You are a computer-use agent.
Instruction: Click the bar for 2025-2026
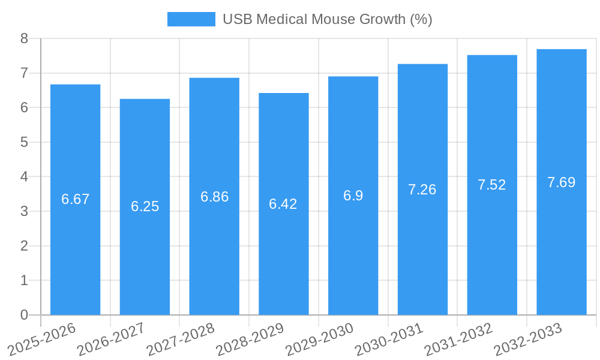75,252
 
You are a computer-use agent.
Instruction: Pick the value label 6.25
145,206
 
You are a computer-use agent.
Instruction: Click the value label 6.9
353,196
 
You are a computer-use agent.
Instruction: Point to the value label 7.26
422,190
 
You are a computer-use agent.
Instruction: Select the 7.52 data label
491,185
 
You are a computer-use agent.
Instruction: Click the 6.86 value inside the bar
214,197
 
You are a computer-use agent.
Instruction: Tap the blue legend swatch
191,19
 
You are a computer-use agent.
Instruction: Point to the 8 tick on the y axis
24,38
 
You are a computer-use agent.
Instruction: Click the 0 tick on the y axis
24,315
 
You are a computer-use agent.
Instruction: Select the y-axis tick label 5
24,142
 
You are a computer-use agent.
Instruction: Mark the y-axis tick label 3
24,211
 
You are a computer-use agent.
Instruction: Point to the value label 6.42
283,204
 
